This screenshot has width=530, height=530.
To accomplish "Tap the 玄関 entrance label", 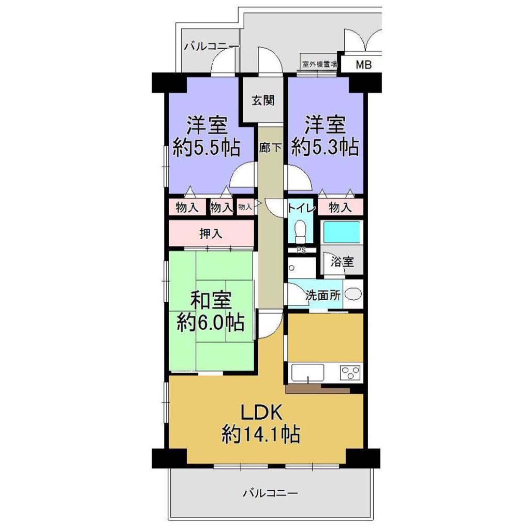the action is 263,100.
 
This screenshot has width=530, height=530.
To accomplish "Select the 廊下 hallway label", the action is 270,148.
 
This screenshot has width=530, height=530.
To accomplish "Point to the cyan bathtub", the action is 342,231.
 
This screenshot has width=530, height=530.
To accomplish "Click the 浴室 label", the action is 342,261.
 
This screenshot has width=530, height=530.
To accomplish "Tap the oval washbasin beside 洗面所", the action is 353,294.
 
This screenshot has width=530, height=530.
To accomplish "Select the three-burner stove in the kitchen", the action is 350,373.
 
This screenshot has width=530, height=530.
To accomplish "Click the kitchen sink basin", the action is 307,372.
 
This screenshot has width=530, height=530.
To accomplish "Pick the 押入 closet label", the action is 211,233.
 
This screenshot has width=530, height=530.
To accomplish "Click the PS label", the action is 301,251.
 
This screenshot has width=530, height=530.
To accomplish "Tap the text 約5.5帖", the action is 207,148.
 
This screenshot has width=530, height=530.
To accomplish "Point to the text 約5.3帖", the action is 325,147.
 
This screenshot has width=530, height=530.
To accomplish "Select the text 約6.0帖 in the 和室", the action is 210,322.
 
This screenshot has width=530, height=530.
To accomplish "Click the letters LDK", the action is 261,413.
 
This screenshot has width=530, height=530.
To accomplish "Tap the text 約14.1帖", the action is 261,434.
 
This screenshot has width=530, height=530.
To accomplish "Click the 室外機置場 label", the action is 319,64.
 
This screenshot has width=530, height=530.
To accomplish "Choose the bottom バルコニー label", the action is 270,493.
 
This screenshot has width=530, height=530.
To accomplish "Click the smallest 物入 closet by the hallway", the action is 245,207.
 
